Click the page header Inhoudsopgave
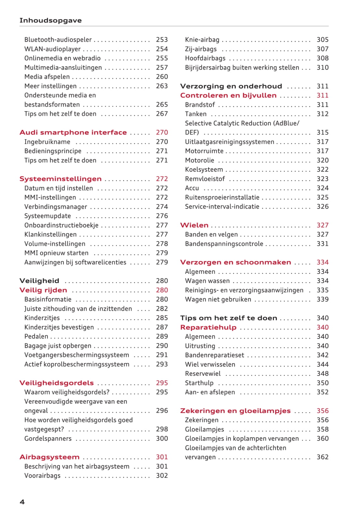pos(50,20)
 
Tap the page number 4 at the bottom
pos(22,502)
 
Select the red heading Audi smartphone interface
pos(73,133)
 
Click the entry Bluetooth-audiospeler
pos(58,40)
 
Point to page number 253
pos(162,40)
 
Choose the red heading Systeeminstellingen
pos(61,179)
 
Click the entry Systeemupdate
pos(48,216)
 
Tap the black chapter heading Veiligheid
pos(39,281)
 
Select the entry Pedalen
pos(36,336)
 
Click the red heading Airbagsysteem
pos(49,457)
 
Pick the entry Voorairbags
pos(43,476)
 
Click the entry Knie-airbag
pos(202,40)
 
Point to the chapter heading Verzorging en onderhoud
pos(231,86)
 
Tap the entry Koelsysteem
pos(204,169)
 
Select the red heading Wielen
pos(194,225)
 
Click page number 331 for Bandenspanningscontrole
pos(322,244)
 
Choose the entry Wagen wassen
pos(207,281)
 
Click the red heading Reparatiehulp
pos(208,327)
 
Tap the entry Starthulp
pos(199,383)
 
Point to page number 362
pos(322,457)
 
